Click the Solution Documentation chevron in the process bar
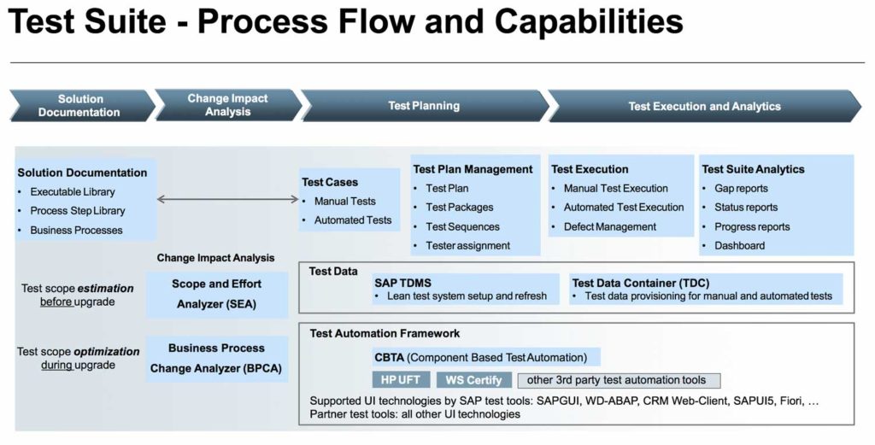pyautogui.click(x=79, y=106)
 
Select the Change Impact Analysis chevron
pyautogui.click(x=227, y=105)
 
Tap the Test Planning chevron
pyautogui.click(x=424, y=106)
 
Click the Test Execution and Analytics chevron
pyautogui.click(x=704, y=106)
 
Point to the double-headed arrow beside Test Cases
pyautogui.click(x=227, y=200)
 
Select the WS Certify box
pyautogui.click(x=474, y=380)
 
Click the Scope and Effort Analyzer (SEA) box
pyautogui.click(x=217, y=294)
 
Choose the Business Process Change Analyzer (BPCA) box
pyautogui.click(x=216, y=359)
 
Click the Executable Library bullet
pyautogui.click(x=72, y=192)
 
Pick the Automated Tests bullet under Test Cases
pyautogui.click(x=352, y=220)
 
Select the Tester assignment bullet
pyautogui.click(x=467, y=246)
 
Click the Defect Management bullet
pyautogui.click(x=609, y=227)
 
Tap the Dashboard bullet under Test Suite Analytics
pyautogui.click(x=739, y=246)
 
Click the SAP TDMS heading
pyautogui.click(x=403, y=283)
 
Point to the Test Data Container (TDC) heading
pyautogui.click(x=640, y=283)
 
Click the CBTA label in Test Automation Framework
pyautogui.click(x=389, y=357)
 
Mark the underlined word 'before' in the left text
pyautogui.click(x=56, y=302)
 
